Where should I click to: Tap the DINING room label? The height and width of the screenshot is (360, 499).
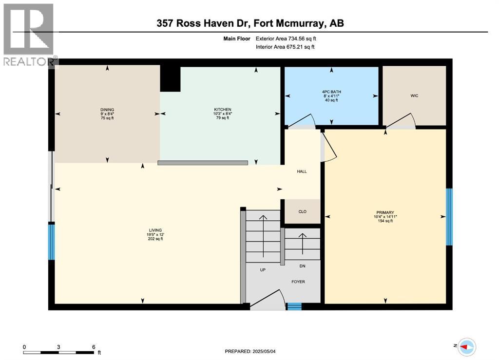pyautogui.click(x=107, y=110)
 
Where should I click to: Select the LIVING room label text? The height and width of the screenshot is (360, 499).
pyautogui.click(x=155, y=230)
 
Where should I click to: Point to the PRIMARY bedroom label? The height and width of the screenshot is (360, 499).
pyautogui.click(x=384, y=212)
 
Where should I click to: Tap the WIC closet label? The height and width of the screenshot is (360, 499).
pyautogui.click(x=414, y=95)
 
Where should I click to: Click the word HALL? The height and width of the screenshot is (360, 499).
pyautogui.click(x=302, y=171)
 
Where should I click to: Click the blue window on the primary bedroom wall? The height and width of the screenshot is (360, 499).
pyautogui.click(x=449, y=217)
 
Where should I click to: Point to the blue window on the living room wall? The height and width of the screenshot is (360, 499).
pyautogui.click(x=51, y=241)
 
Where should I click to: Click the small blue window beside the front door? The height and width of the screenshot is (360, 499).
pyautogui.click(x=293, y=306)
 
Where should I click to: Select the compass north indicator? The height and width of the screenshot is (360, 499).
pyautogui.click(x=466, y=346)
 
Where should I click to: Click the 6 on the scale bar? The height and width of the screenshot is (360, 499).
pyautogui.click(x=93, y=347)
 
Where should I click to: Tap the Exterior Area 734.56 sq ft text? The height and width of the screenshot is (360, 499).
pyautogui.click(x=289, y=38)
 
